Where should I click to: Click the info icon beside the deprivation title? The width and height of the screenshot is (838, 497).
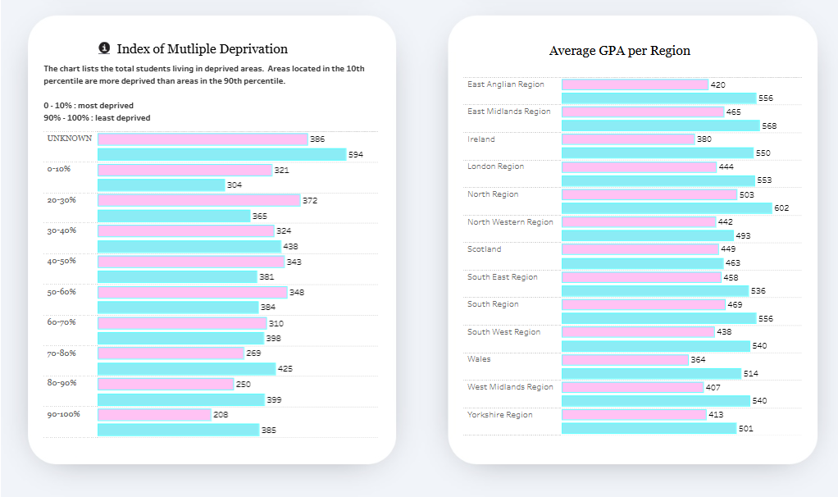click(x=104, y=48)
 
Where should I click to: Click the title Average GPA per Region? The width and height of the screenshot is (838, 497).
click(x=619, y=51)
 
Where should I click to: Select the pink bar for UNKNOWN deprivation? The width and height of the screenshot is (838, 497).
click(x=203, y=139)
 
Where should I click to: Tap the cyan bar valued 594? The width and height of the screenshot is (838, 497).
click(x=221, y=154)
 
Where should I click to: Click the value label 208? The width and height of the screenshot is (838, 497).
click(x=221, y=415)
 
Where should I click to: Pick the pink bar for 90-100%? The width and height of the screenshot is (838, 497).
click(x=154, y=415)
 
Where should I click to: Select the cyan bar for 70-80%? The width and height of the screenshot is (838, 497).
click(x=186, y=369)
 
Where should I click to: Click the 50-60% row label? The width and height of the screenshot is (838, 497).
click(x=61, y=292)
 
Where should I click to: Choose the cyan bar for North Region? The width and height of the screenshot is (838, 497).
click(x=667, y=208)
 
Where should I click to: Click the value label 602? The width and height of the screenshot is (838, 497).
click(x=781, y=208)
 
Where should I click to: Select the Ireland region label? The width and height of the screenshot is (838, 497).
click(x=481, y=139)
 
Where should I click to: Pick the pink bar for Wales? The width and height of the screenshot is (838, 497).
click(x=625, y=360)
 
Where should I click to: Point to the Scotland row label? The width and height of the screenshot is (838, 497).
click(x=485, y=249)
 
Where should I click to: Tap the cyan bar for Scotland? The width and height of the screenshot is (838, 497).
click(x=642, y=263)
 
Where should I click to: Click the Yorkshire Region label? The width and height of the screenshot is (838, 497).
click(x=499, y=415)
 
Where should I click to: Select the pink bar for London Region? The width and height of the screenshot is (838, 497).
click(x=639, y=167)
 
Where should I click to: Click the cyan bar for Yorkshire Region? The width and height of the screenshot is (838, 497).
click(x=649, y=428)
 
